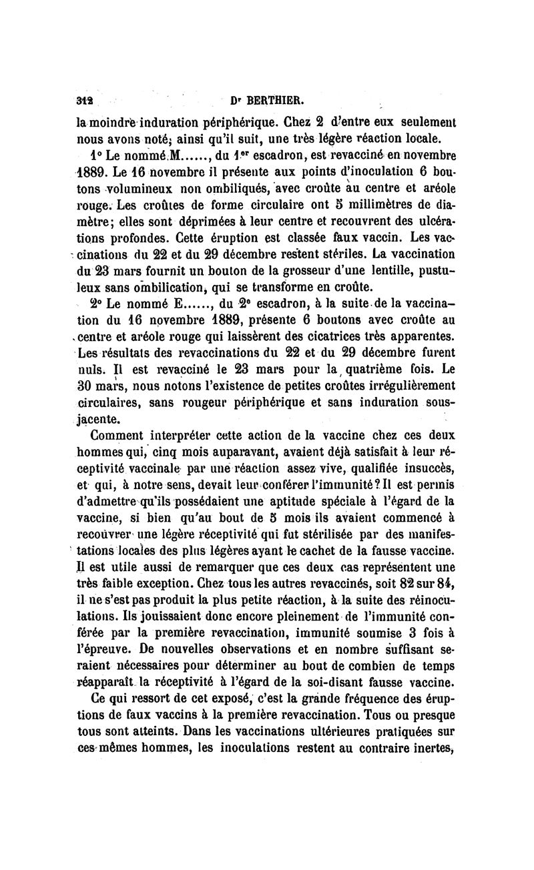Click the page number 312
point(83,101)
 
